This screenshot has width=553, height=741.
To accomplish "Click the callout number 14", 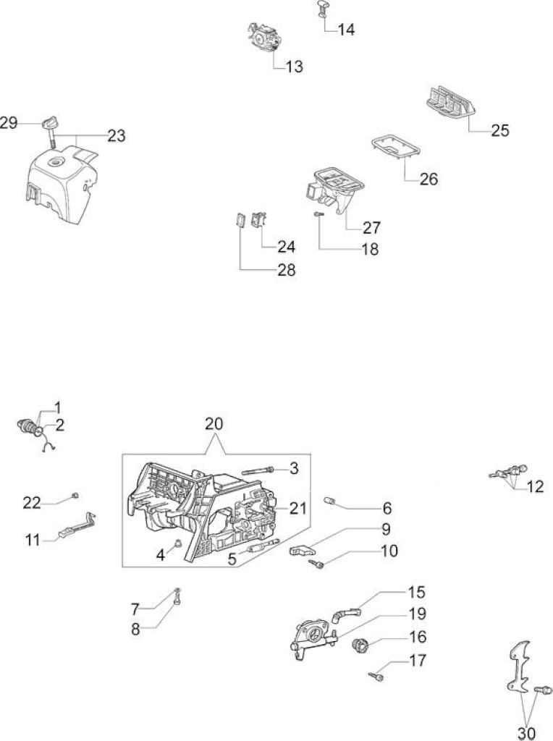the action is pyautogui.click(x=346, y=29).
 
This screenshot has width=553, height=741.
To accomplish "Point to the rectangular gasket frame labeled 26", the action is pyautogui.click(x=395, y=147).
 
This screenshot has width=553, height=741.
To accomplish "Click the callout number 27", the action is pyautogui.click(x=371, y=227).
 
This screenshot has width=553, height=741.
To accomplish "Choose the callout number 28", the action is pyautogui.click(x=286, y=270).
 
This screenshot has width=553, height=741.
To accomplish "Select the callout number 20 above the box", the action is pyautogui.click(x=214, y=423).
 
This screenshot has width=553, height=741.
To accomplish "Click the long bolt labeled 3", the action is pyautogui.click(x=258, y=470).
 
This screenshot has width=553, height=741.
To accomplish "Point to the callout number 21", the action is pyautogui.click(x=297, y=509).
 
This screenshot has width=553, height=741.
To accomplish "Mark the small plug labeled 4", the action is pyautogui.click(x=178, y=542).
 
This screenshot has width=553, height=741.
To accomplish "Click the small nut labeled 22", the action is pyautogui.click(x=75, y=495).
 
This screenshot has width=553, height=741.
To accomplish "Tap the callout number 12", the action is pyautogui.click(x=535, y=486).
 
